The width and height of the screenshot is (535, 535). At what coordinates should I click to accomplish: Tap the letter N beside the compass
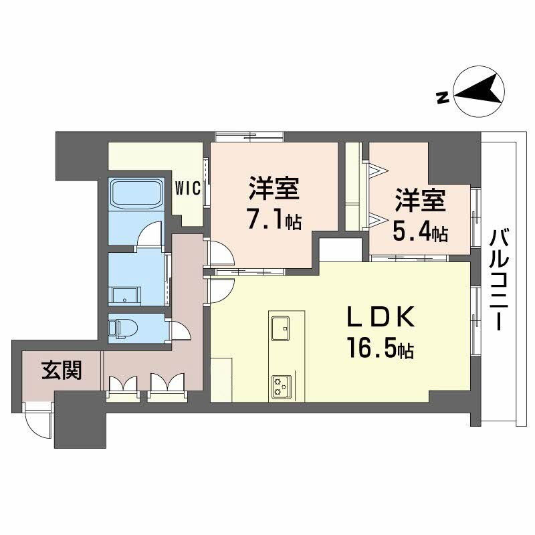pyautogui.click(x=441, y=99)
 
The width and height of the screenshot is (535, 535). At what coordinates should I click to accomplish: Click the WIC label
pyautogui.click(x=188, y=189)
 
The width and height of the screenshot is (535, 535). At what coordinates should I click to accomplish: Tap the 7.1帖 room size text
pyautogui.click(x=273, y=221)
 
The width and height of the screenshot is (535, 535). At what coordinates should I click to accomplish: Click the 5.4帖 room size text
pyautogui.click(x=420, y=233)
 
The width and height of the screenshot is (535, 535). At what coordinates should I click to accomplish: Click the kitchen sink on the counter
pyautogui.click(x=281, y=326)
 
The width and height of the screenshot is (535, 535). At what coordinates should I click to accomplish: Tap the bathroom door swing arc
pyautogui.click(x=148, y=235)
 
